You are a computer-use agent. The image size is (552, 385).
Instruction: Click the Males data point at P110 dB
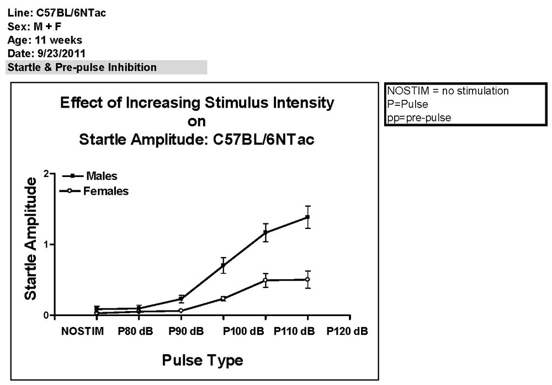click(307, 217)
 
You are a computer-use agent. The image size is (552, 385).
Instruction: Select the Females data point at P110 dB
click(307, 280)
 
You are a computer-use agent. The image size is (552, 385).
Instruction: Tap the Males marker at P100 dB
click(266, 233)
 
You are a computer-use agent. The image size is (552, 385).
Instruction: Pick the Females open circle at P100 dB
click(266, 280)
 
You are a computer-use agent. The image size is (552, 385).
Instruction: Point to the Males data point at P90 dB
click(181, 299)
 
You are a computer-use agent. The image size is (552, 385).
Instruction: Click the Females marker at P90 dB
click(181, 311)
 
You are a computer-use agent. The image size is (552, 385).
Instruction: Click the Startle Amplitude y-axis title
click(31, 238)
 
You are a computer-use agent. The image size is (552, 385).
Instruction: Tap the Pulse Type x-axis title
click(202, 360)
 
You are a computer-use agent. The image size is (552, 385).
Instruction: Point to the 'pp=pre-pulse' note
click(419, 118)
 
